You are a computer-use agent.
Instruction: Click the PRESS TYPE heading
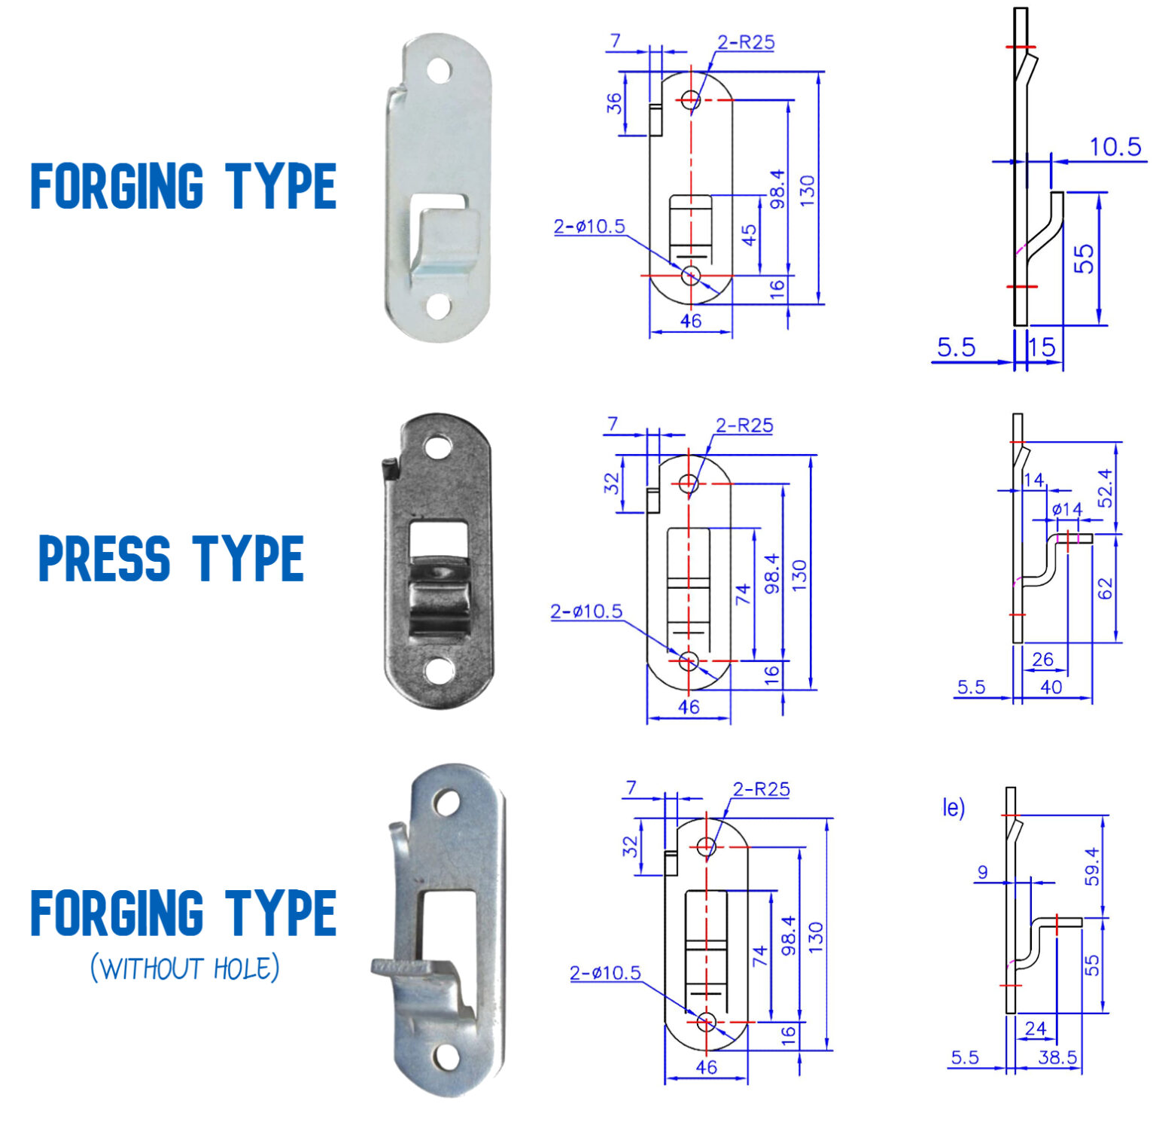(x=171, y=558)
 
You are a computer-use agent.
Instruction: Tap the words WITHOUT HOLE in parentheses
(x=185, y=968)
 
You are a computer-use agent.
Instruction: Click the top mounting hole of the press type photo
(x=437, y=447)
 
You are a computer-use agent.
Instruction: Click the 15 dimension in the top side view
(x=1042, y=347)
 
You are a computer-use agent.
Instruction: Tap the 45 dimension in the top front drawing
(x=750, y=236)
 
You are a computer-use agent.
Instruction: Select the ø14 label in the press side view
(x=1066, y=509)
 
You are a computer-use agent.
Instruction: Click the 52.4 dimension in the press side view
(x=1105, y=487)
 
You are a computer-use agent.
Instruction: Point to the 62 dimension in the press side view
(x=1105, y=588)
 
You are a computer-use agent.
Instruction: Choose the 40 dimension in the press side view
(x=1051, y=687)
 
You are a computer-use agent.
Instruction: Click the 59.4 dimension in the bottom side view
(x=1092, y=866)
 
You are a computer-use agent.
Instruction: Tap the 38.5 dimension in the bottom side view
(x=1057, y=1057)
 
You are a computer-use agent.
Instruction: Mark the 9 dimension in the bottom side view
(x=982, y=872)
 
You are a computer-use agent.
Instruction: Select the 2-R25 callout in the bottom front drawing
(x=761, y=789)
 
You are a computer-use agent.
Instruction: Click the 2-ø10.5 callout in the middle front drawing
(x=586, y=611)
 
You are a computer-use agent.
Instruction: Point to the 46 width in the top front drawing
(x=690, y=321)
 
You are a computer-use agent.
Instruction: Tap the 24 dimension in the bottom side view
(x=1036, y=1028)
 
